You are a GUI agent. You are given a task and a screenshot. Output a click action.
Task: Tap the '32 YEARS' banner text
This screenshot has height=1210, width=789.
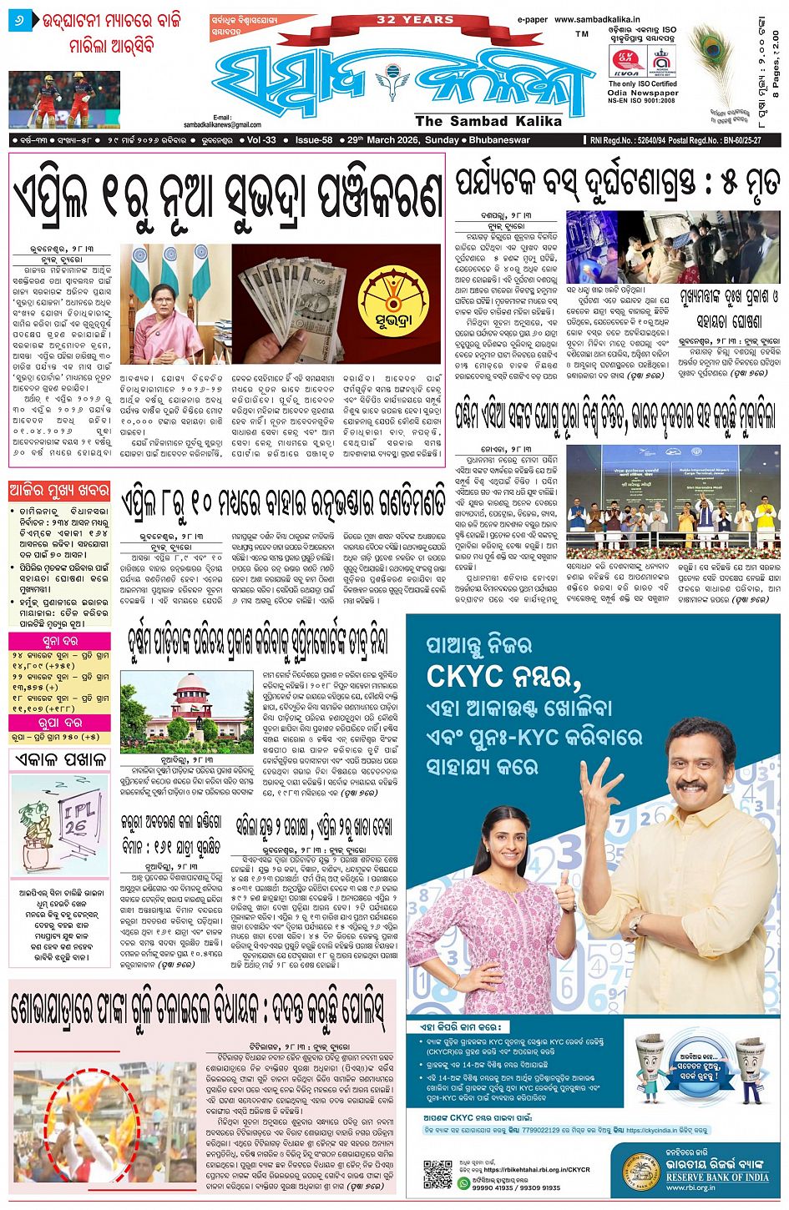pos(403,19)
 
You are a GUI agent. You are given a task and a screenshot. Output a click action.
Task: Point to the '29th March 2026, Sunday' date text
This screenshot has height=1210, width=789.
pos(402,140)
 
